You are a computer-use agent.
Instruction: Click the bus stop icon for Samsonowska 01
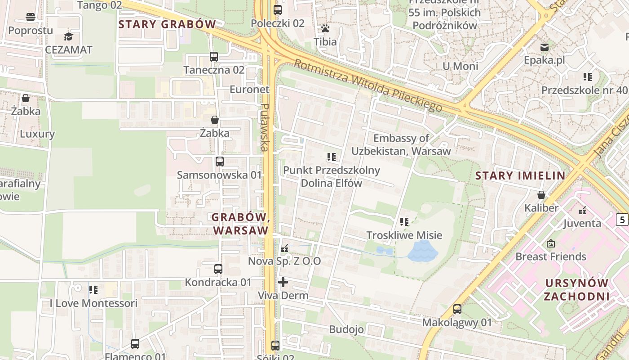(219, 162)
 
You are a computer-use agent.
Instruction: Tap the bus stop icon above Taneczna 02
(214, 57)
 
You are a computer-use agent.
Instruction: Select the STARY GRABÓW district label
(167, 24)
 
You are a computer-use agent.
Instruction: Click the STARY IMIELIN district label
(520, 175)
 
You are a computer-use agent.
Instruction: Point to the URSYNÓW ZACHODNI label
(577, 290)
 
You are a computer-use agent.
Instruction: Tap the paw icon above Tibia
(325, 28)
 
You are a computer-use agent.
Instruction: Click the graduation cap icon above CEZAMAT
(68, 36)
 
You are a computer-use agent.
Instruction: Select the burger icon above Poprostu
(31, 18)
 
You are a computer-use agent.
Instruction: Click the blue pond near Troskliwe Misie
(422, 251)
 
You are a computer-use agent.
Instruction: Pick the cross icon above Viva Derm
(283, 282)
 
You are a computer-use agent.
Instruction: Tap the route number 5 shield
(622, 220)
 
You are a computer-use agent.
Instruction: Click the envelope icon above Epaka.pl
(545, 47)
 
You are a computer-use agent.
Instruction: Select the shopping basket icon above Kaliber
(541, 195)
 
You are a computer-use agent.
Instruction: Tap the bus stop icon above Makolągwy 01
(457, 309)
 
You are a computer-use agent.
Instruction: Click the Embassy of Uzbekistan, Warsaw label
(401, 144)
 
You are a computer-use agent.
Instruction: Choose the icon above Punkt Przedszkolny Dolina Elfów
(332, 157)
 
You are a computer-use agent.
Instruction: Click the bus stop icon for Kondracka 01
(218, 269)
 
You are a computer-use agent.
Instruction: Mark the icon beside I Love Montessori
(93, 290)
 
